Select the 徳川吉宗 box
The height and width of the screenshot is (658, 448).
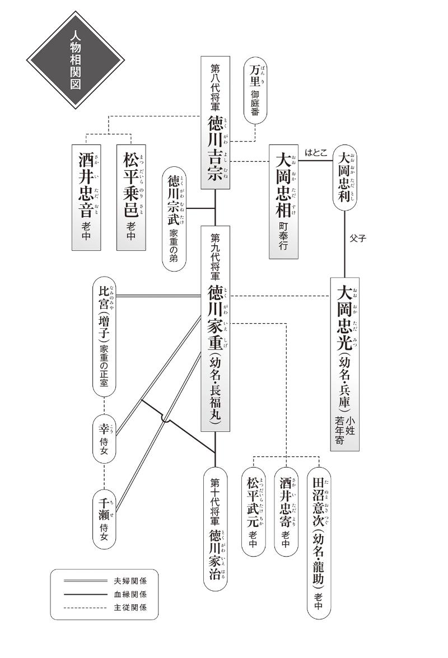[216, 122]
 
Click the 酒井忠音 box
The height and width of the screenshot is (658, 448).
[90, 197]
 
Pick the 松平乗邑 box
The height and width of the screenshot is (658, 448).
[132, 197]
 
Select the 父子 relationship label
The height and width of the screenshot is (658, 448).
[357, 237]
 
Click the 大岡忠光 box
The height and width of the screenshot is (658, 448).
[344, 364]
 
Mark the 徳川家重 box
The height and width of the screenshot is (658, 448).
[216, 328]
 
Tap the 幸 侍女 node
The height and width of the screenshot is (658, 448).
[104, 438]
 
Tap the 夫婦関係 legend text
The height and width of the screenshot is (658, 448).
[130, 581]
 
